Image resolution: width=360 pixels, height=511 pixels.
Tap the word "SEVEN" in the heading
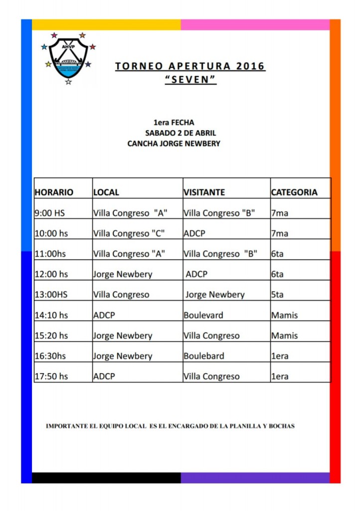(x=190, y=80)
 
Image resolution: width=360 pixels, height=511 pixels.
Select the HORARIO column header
(x=54, y=192)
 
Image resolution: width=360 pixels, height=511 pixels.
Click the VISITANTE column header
(x=204, y=192)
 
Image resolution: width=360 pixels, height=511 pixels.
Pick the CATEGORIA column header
(x=294, y=192)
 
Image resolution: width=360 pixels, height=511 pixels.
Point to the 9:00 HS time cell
(x=50, y=213)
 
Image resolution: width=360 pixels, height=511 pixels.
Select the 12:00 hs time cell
(x=51, y=274)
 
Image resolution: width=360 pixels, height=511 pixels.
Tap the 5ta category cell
(x=277, y=294)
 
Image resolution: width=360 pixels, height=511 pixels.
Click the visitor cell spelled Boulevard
(x=203, y=315)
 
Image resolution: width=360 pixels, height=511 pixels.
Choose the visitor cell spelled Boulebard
(x=203, y=356)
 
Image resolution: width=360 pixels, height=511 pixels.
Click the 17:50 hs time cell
(x=51, y=376)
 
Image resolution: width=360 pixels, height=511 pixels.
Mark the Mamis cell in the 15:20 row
(x=284, y=335)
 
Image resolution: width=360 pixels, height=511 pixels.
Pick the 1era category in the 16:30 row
(x=280, y=356)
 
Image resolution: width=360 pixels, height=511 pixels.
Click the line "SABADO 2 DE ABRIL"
(x=180, y=133)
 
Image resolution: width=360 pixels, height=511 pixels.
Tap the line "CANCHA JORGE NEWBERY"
(x=174, y=144)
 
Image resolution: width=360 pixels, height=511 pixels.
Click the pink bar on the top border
(x=255, y=25)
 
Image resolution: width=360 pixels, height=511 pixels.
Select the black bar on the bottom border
(x=106, y=478)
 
